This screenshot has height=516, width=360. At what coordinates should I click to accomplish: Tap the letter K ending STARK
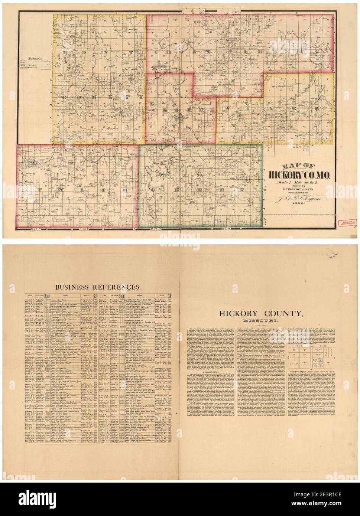[317, 110]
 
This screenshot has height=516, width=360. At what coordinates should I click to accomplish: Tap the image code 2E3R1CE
[342, 506]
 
